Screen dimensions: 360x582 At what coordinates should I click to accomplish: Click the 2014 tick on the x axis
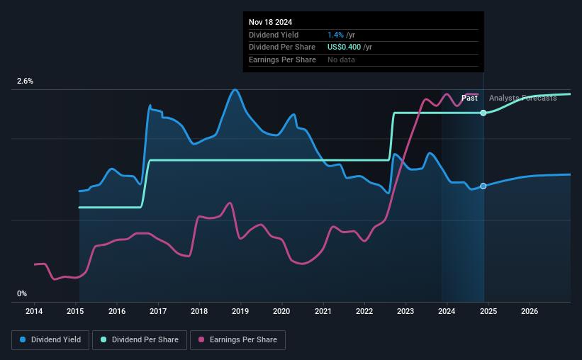tap(35, 311)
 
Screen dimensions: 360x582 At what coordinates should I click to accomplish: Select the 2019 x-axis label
tap(240, 311)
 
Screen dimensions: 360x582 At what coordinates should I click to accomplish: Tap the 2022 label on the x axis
tap(364, 311)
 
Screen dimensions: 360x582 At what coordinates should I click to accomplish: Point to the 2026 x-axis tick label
tap(529, 311)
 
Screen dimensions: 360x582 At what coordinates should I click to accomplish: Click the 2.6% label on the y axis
tap(26, 81)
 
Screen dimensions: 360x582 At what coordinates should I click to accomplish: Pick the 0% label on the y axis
tap(22, 293)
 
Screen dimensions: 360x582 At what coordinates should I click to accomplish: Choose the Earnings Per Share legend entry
tap(237, 340)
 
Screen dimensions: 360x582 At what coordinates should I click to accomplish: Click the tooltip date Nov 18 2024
tap(270, 22)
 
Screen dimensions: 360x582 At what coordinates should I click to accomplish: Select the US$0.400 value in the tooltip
tap(345, 47)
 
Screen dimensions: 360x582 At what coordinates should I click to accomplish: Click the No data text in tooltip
tap(341, 60)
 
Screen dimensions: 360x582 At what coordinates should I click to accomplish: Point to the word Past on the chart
tap(469, 98)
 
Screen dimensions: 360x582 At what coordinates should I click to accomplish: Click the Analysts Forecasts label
tap(522, 98)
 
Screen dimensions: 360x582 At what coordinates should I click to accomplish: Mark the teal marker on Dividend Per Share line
tap(483, 113)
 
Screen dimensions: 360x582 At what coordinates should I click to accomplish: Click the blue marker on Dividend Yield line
tap(483, 186)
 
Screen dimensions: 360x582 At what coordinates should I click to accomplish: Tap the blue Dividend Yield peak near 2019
tap(235, 89)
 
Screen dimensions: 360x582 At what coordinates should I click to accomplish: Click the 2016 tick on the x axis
tap(117, 311)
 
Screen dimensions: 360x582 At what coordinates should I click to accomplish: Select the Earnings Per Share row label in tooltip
tap(282, 60)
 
